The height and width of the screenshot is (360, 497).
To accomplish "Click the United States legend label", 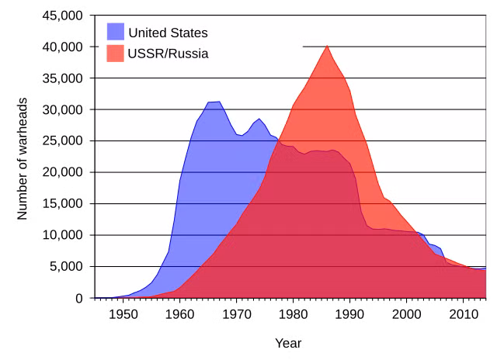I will [x=168, y=33].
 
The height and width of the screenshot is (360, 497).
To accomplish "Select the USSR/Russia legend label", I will [x=168, y=54].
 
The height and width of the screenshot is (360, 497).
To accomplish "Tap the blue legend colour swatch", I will [x=115, y=32].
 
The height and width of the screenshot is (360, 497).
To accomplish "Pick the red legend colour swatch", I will [x=115, y=54].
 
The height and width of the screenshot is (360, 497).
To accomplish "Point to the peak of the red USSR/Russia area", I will [x=327, y=46].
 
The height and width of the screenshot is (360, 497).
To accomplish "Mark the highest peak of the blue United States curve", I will [x=214, y=102].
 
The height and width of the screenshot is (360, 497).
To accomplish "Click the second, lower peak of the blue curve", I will [x=259, y=119].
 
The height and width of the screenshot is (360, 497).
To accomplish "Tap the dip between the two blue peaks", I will [x=242, y=135].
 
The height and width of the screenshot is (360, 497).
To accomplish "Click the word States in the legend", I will [x=187, y=33].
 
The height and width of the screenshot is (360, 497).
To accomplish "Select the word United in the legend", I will [x=146, y=33].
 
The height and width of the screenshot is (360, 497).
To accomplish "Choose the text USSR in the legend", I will [x=145, y=54].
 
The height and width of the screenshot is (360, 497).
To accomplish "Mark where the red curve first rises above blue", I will [x=276, y=140].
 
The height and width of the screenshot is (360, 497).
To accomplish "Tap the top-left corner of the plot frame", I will [x=95, y=16].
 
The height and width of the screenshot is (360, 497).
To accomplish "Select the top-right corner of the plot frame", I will [x=486, y=16].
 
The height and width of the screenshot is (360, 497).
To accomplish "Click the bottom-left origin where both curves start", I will [x=96, y=297].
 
